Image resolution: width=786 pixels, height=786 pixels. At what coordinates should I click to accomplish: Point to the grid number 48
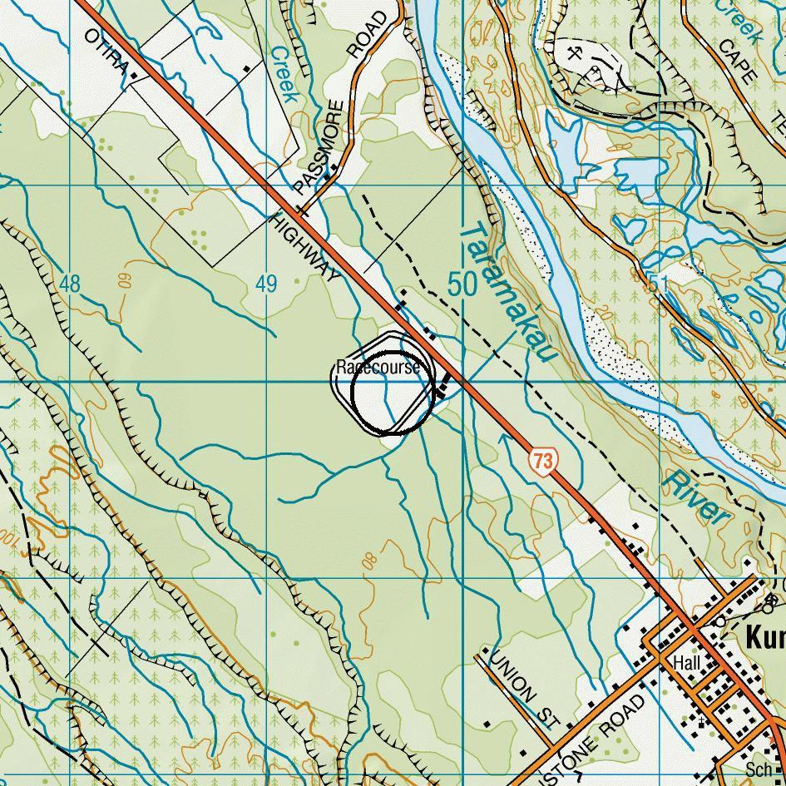click(70, 284)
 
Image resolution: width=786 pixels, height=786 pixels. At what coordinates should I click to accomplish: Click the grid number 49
click(265, 284)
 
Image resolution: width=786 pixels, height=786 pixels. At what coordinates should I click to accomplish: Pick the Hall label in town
click(687, 663)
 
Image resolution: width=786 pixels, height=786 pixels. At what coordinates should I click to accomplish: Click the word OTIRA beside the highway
click(106, 53)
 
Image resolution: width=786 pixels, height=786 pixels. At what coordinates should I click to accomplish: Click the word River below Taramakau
click(697, 497)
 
